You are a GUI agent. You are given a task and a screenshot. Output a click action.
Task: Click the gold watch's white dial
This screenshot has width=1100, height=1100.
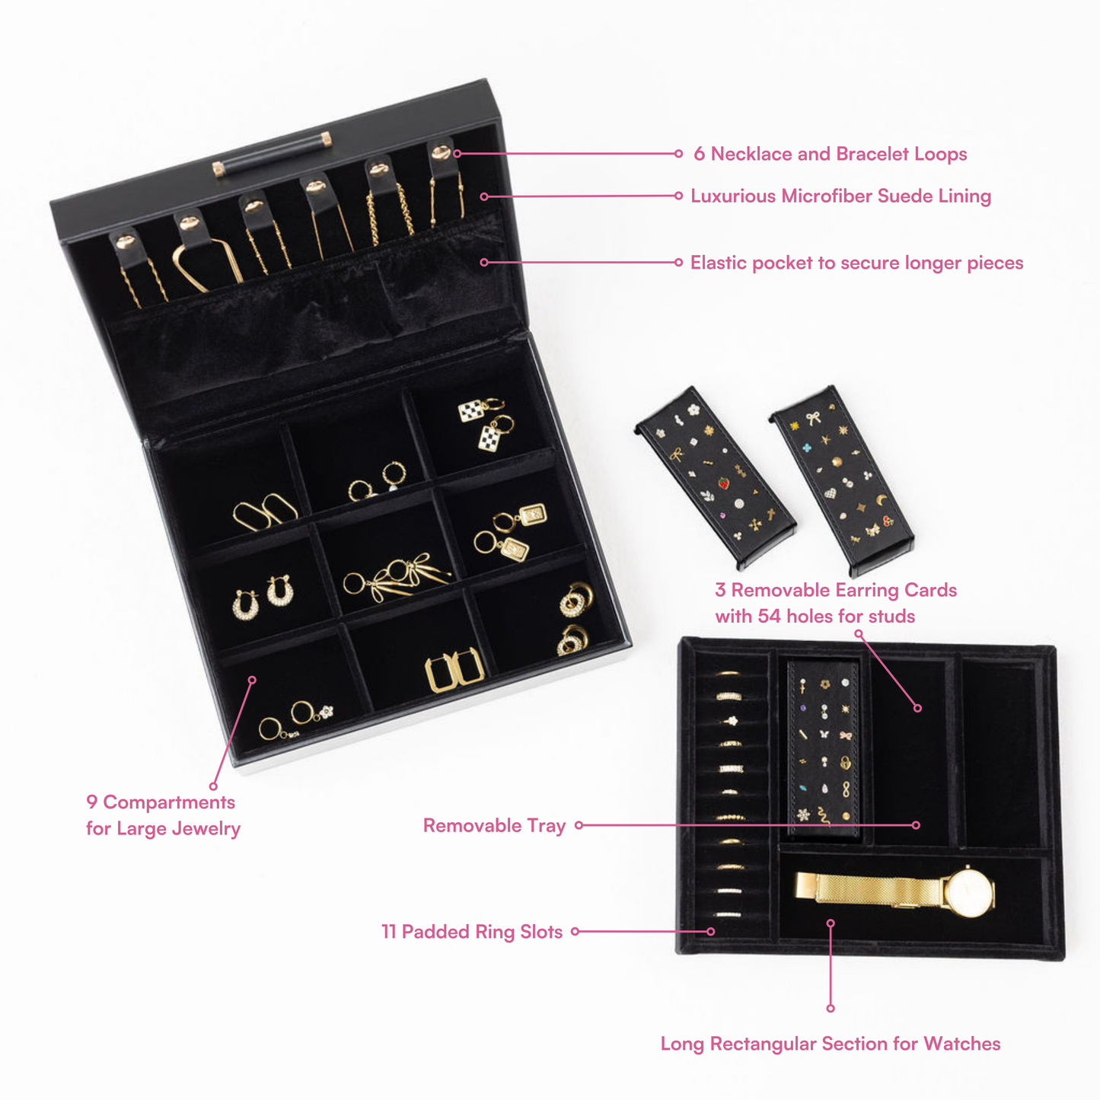pos(969,893)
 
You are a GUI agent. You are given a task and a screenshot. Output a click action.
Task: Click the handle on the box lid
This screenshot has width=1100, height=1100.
pos(273,154)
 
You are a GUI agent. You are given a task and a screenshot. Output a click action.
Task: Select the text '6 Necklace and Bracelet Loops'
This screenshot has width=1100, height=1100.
pos(830,154)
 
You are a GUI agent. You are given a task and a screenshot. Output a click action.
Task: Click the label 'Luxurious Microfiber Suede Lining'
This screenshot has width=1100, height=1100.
pos(841,196)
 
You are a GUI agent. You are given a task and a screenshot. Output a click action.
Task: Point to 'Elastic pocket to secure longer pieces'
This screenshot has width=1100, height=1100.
pos(857,263)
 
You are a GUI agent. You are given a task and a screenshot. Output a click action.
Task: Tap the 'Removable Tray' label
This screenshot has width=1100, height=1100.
pos(494,825)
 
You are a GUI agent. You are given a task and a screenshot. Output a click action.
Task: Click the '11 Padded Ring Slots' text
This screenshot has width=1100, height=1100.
pos(472,932)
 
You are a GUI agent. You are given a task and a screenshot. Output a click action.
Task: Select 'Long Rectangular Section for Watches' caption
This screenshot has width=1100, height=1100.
pos(831,1044)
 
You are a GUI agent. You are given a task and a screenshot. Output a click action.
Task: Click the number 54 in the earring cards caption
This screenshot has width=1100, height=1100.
pos(769,616)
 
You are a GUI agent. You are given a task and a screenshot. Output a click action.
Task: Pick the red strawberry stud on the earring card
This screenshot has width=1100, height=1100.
pos(724,483)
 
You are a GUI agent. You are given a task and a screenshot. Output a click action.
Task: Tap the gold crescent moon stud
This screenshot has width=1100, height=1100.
pos(882,500)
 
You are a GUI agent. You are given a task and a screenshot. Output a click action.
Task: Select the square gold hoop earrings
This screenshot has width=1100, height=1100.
pos(455,671)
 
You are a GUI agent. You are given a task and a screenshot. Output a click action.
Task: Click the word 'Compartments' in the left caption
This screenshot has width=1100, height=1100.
pos(169,802)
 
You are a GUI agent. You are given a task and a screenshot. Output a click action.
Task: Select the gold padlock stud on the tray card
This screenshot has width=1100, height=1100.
pos(846,763)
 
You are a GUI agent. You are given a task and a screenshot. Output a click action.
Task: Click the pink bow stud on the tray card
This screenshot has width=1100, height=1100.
pos(846,736)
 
